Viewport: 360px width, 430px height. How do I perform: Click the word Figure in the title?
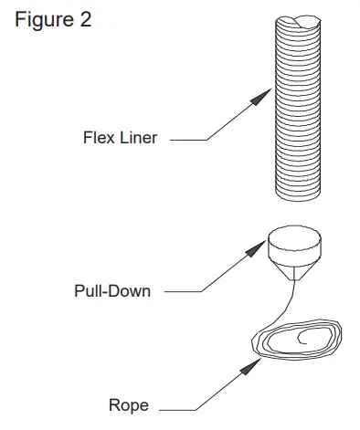(x=41, y=20)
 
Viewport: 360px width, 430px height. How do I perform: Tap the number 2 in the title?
(x=85, y=20)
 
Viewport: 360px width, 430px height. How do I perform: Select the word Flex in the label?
(x=98, y=140)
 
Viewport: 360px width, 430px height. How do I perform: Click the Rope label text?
(x=127, y=405)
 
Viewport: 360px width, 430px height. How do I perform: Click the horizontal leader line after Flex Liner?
(x=187, y=140)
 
